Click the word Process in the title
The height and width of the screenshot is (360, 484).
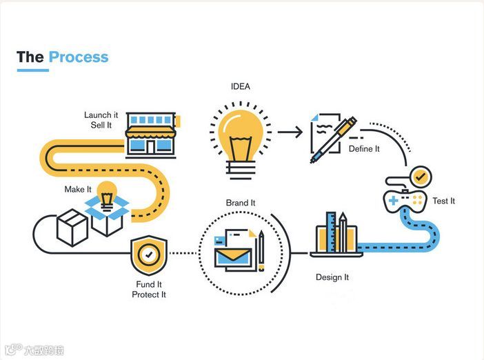(x=79, y=57)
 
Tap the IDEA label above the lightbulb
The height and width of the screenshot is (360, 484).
(x=241, y=86)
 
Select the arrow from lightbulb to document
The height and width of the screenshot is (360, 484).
(x=290, y=131)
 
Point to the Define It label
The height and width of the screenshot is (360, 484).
(x=365, y=149)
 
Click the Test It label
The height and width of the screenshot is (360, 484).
(x=444, y=201)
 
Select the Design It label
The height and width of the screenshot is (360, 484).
(x=332, y=277)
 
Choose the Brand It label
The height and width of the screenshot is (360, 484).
(x=241, y=203)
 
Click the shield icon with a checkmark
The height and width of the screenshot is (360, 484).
(x=149, y=255)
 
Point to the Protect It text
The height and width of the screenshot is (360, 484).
(x=149, y=295)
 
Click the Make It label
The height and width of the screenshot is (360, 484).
(x=78, y=189)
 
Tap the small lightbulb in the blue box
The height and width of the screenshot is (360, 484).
(x=107, y=194)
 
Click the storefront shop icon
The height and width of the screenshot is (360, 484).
(x=150, y=135)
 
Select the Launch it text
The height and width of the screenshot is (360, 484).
(x=101, y=114)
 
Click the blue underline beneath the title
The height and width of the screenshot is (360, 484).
(x=32, y=70)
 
